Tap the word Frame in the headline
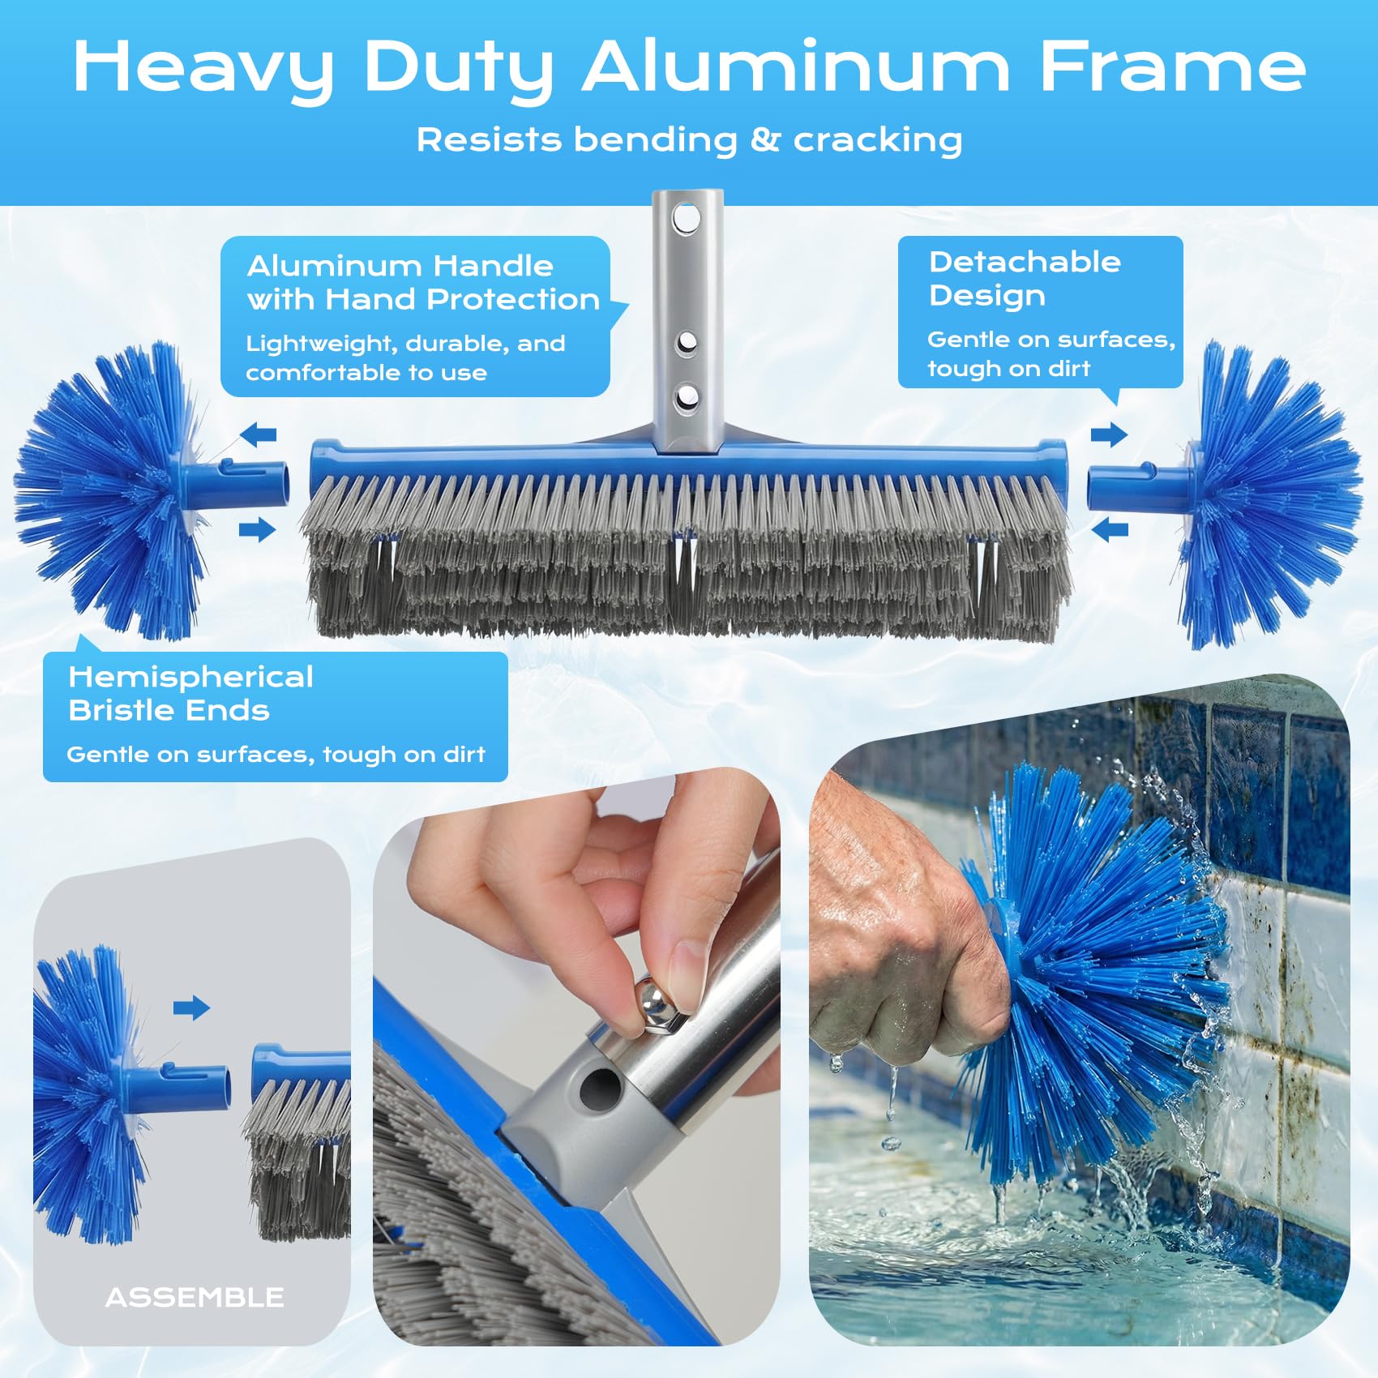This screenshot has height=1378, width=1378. point(1172,66)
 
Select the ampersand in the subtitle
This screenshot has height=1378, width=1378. point(764,139)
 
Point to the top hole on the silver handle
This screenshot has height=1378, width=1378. point(687,218)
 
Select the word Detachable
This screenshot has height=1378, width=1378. point(1025,262)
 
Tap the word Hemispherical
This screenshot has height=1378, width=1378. point(190,678)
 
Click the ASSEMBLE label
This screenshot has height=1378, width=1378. point(195,1297)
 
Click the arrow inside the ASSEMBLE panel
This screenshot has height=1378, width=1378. point(191,1008)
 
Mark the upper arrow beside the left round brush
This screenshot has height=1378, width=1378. point(259,434)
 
